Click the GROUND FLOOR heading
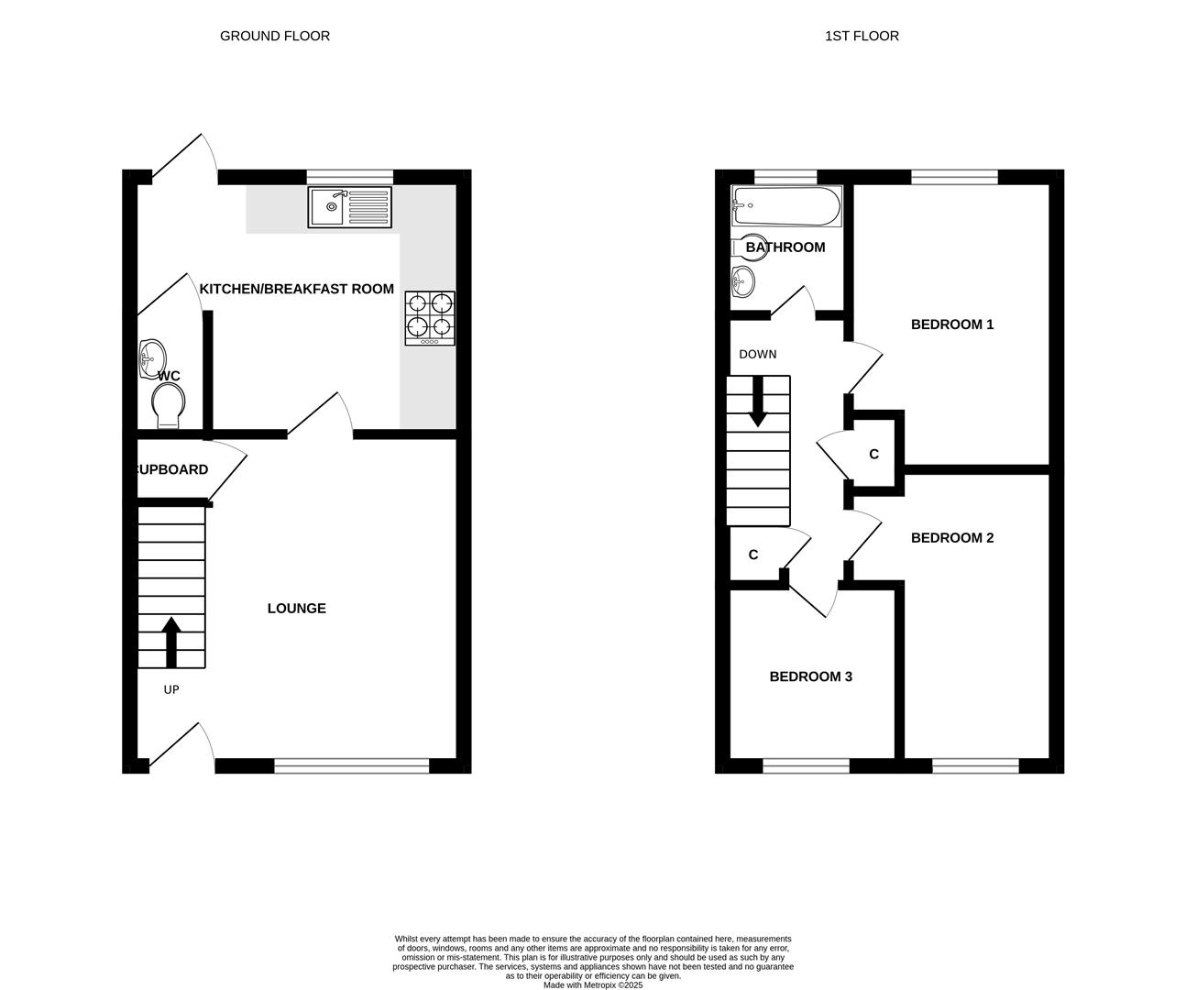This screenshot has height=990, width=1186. pyautogui.click(x=275, y=36)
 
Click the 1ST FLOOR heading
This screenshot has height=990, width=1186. pyautogui.click(x=862, y=36)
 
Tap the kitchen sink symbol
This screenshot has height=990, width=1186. pyautogui.click(x=349, y=207)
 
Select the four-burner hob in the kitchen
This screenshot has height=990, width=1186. pyautogui.click(x=430, y=317)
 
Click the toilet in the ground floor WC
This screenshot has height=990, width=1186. pyautogui.click(x=169, y=404)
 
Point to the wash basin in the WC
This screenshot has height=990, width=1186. pyautogui.click(x=151, y=358)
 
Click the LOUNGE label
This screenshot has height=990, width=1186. pyautogui.click(x=296, y=609)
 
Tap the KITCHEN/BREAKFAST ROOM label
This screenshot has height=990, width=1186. pyautogui.click(x=297, y=289)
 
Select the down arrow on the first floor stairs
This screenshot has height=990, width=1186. pyautogui.click(x=758, y=402)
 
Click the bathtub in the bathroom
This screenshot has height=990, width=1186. pyautogui.click(x=786, y=206)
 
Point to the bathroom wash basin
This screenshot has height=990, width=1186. pyautogui.click(x=743, y=280)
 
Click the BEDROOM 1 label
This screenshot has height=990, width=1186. pyautogui.click(x=952, y=324)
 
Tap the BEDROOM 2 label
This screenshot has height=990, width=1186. pyautogui.click(x=952, y=538)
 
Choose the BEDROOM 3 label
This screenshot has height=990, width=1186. pyautogui.click(x=810, y=676)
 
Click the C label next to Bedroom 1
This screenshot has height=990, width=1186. pyautogui.click(x=873, y=455)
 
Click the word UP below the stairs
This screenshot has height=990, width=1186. pyautogui.click(x=171, y=690)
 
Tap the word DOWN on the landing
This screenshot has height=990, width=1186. pyautogui.click(x=757, y=354)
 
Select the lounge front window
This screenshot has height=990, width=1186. pyautogui.click(x=351, y=765)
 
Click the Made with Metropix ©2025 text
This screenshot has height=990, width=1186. pyautogui.click(x=593, y=985)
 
